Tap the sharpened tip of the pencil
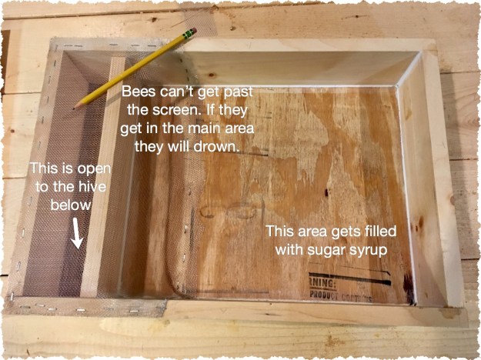point(76,107)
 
